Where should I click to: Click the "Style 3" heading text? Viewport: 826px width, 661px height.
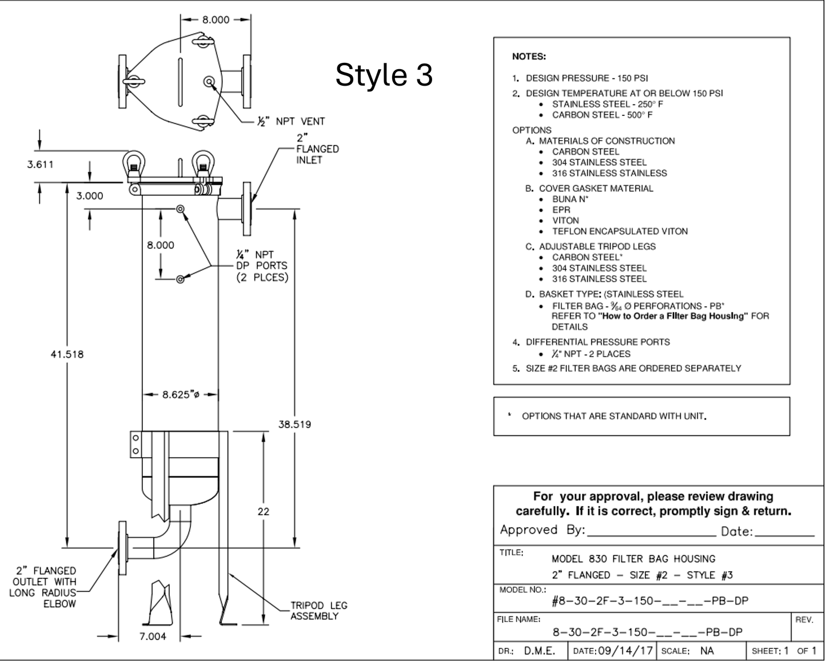coord(384,75)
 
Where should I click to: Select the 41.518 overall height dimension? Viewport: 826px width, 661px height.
coord(67,354)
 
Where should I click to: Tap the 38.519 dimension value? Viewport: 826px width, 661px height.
coord(294,424)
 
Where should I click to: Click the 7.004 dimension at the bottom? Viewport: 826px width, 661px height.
coord(153,636)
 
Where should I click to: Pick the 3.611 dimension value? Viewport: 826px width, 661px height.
coord(40,165)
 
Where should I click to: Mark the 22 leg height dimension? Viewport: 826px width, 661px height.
coord(263,511)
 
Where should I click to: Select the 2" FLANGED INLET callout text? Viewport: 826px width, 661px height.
coord(317,149)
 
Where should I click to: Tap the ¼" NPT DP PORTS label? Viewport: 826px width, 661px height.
coord(262,266)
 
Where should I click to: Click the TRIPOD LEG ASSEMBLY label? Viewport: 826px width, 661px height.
coord(318,611)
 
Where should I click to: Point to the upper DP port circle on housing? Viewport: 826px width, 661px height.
coord(181,209)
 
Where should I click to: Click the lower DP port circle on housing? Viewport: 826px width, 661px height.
coord(181,279)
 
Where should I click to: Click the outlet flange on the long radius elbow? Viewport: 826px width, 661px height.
coord(122,547)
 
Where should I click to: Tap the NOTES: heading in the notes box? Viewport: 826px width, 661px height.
coord(529,57)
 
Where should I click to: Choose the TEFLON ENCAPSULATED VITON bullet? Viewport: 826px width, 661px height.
coord(620,231)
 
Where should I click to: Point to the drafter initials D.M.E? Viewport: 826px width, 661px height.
coord(539,651)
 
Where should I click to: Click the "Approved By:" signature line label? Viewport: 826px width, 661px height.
coord(542,530)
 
